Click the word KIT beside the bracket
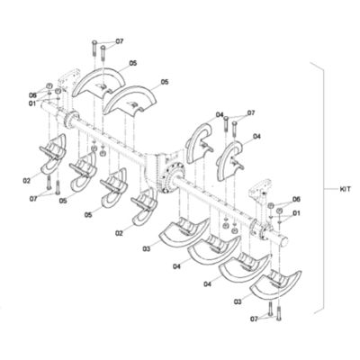[x=345, y=189]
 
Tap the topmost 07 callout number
[x=120, y=41]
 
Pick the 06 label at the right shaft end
[x=296, y=200]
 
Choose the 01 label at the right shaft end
[x=296, y=212]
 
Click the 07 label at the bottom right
[x=255, y=319]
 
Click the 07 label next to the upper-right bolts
[x=250, y=113]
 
